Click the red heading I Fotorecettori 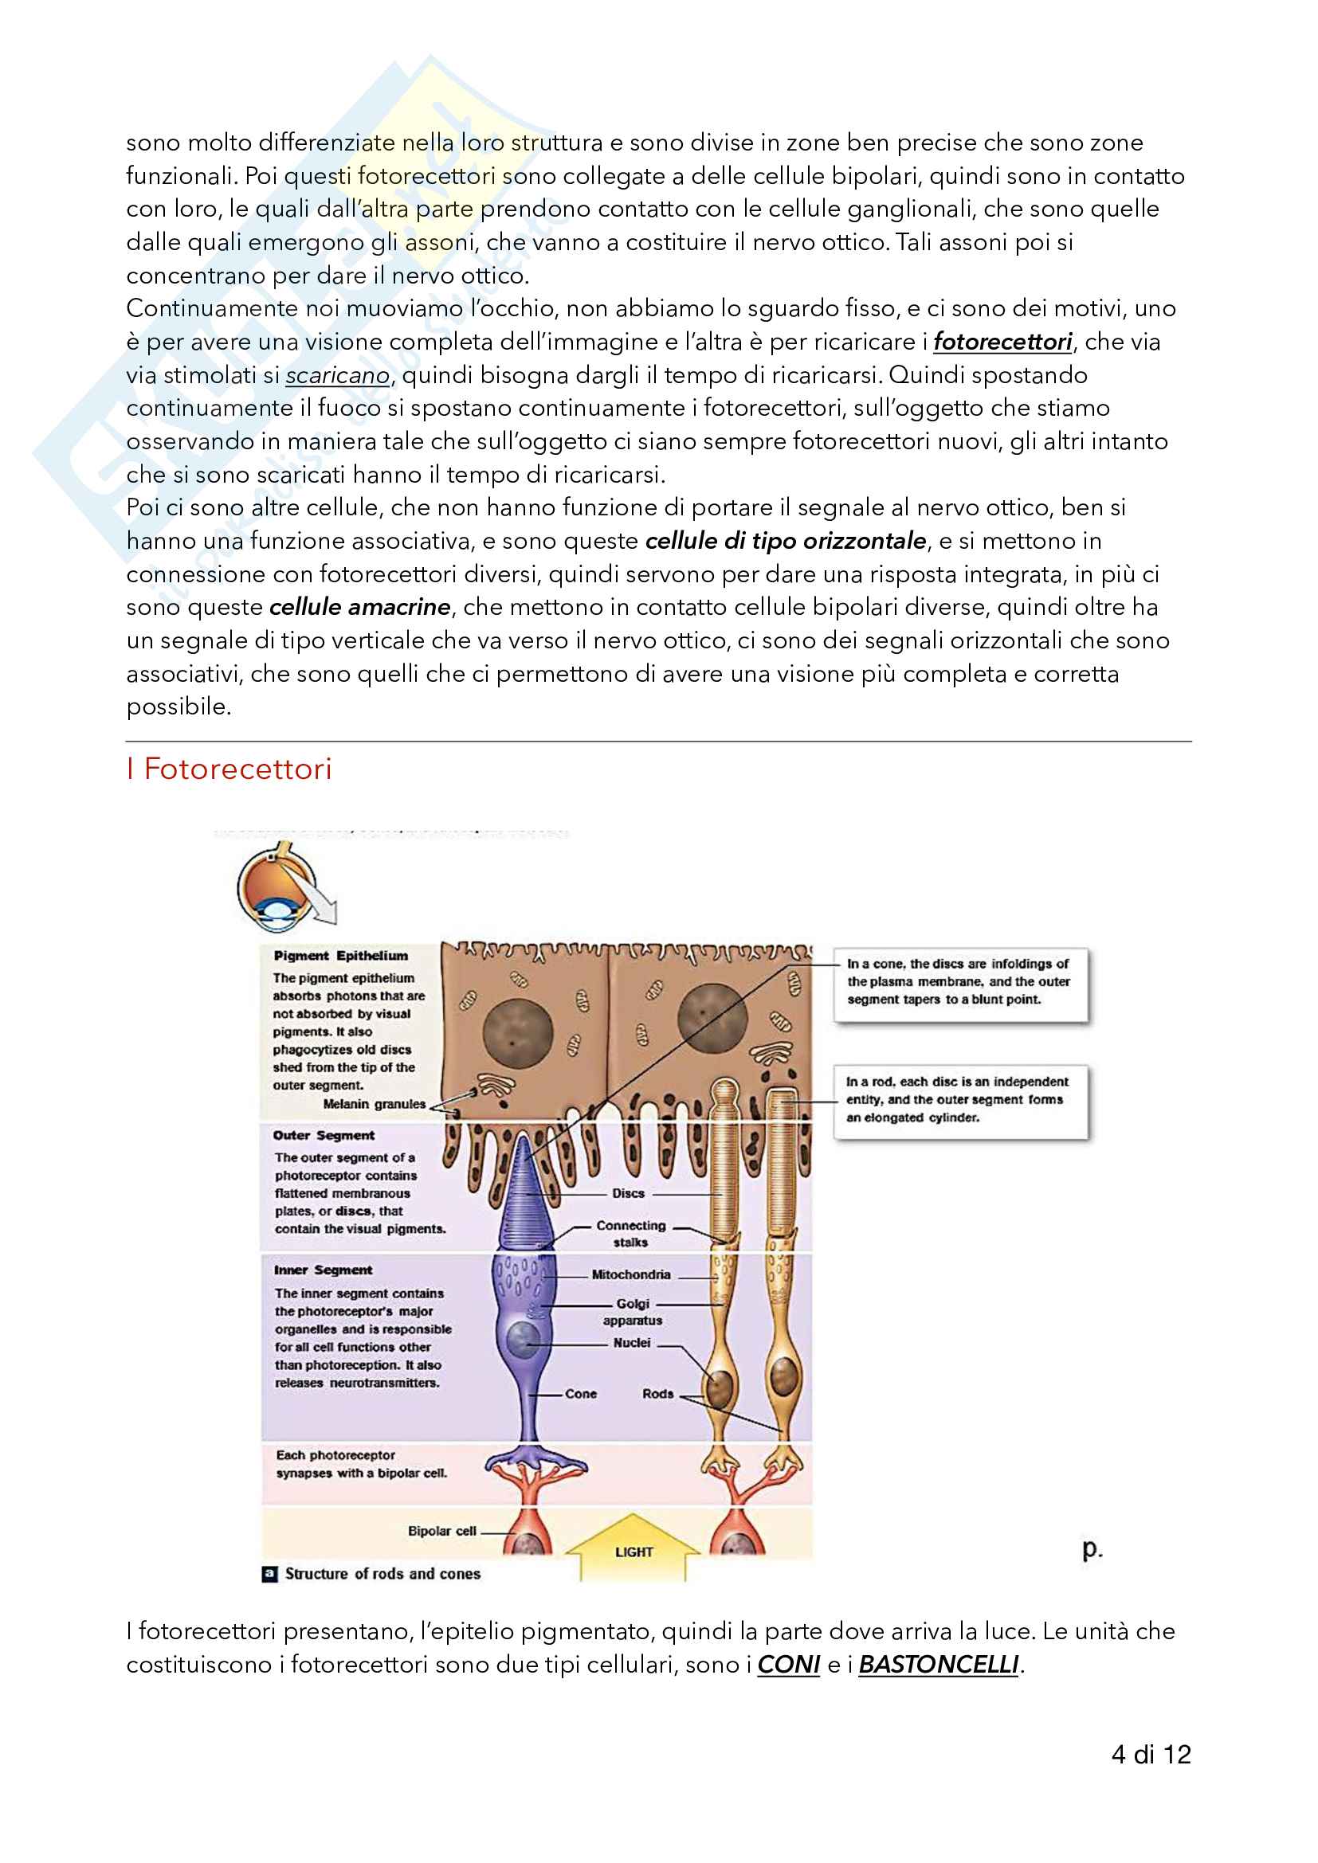click(229, 769)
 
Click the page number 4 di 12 click(1150, 1754)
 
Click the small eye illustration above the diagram click(280, 886)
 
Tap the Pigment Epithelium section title click(340, 956)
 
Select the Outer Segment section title click(323, 1135)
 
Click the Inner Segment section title click(322, 1270)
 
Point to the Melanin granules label click(375, 1103)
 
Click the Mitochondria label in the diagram click(630, 1274)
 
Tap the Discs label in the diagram click(628, 1194)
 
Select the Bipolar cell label click(441, 1531)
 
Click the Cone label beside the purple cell click(580, 1394)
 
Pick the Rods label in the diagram click(657, 1394)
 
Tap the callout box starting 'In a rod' click(960, 1099)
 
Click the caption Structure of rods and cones click(382, 1574)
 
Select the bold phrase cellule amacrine click(359, 607)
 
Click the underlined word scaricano click(337, 376)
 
